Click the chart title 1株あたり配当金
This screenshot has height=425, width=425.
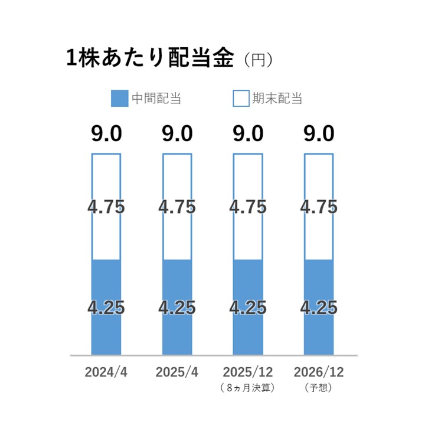click(150, 59)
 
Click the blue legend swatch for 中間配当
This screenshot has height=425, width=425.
click(119, 98)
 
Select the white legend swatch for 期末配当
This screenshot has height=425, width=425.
click(241, 98)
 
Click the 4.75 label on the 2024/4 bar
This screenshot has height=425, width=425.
click(106, 207)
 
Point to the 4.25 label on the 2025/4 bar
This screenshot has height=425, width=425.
click(177, 308)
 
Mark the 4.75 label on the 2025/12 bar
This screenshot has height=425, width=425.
click(248, 207)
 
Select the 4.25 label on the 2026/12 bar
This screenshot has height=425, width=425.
click(319, 308)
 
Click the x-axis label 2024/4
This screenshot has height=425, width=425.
click(106, 372)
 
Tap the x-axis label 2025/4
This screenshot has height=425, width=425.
click(177, 372)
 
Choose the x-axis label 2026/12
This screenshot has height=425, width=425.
click(319, 372)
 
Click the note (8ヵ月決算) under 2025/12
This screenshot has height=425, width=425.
click(248, 388)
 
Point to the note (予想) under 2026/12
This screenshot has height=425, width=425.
click(319, 388)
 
